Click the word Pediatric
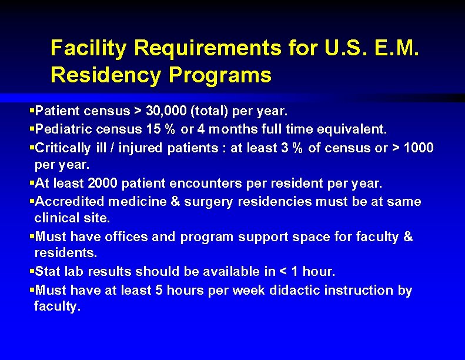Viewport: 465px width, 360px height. pyautogui.click(x=62, y=128)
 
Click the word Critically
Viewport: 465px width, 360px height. pyautogui.click(x=63, y=147)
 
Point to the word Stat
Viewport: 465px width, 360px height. pyautogui.click(x=48, y=272)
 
